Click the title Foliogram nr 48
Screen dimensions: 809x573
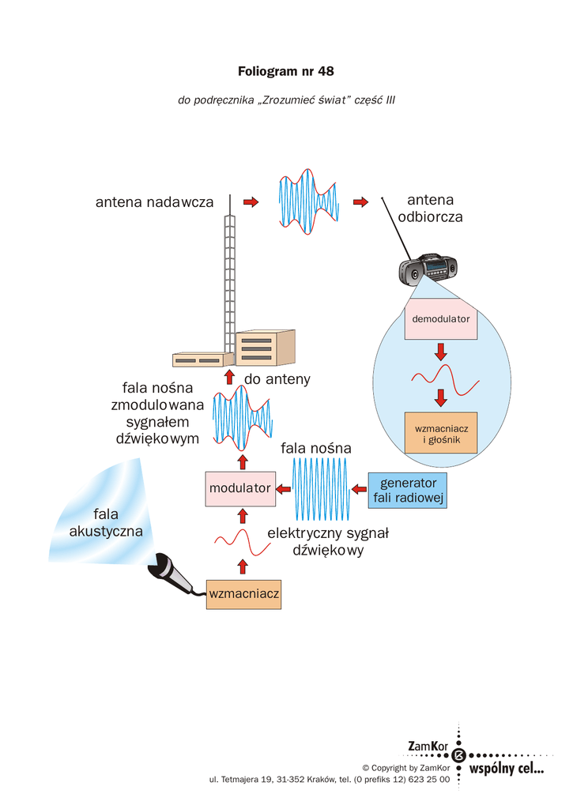(286, 72)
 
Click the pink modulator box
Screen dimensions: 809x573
(239, 488)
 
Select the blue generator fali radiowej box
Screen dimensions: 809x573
(408, 491)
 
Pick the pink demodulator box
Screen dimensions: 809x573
(440, 319)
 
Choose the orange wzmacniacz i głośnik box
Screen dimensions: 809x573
(441, 433)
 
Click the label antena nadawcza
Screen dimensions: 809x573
(155, 202)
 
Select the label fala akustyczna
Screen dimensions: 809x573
(106, 523)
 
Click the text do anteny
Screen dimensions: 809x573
(277, 379)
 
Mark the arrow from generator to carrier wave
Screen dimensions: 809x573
(358, 487)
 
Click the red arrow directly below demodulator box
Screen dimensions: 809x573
(441, 349)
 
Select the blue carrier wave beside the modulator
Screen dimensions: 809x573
(320, 487)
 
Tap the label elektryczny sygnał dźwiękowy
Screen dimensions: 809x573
(328, 542)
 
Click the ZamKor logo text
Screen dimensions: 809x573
(428, 747)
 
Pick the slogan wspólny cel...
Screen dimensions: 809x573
(507, 767)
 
